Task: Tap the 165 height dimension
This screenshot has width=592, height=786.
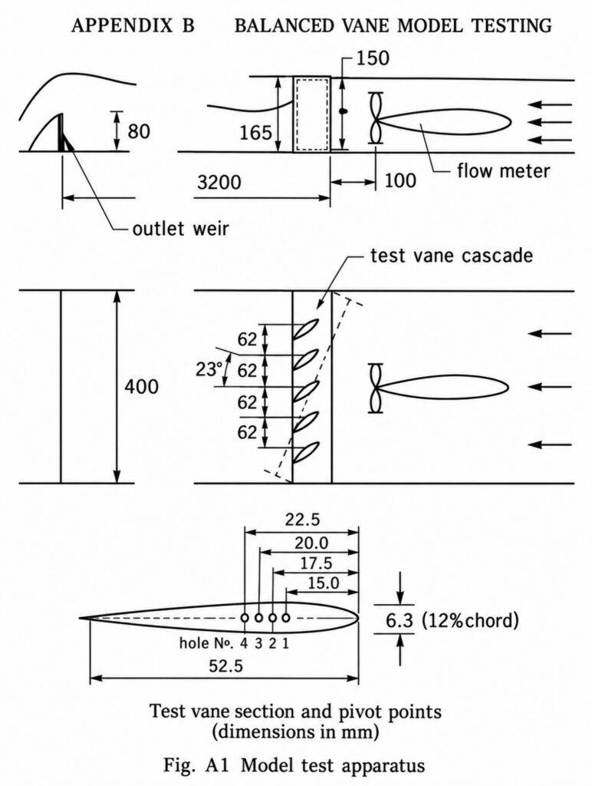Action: click(x=255, y=133)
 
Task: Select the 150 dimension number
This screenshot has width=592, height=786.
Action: click(x=373, y=58)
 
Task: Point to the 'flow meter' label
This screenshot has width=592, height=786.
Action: click(x=503, y=171)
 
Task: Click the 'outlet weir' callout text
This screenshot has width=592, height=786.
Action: click(x=181, y=229)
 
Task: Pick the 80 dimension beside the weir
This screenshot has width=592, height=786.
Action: click(x=139, y=131)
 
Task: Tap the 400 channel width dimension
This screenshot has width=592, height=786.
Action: click(x=141, y=387)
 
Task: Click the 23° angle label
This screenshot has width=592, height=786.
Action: click(x=209, y=369)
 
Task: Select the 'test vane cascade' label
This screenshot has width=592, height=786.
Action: click(x=451, y=255)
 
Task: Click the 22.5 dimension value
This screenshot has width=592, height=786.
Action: click(x=302, y=520)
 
